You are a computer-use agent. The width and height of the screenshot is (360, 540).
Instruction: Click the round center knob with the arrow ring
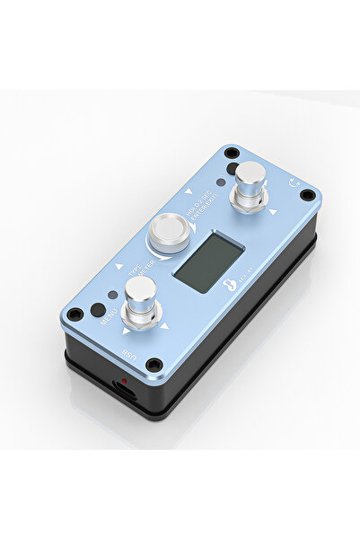point(168,234)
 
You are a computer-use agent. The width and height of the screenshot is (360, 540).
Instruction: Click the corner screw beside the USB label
point(154,365)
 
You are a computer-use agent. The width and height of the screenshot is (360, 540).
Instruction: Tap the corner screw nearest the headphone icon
point(308,195)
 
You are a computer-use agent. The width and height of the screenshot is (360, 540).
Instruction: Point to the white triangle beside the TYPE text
point(120,267)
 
